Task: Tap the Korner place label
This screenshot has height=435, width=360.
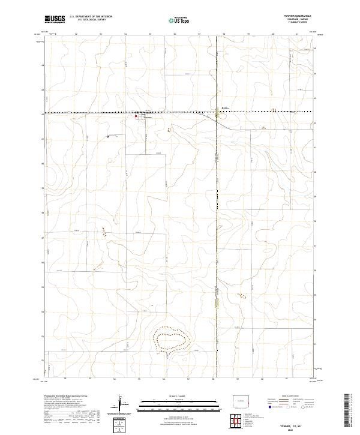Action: (225, 109)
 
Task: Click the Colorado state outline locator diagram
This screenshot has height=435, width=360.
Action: (242, 400)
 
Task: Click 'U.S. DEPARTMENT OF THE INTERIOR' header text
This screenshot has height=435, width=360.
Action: (91, 17)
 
